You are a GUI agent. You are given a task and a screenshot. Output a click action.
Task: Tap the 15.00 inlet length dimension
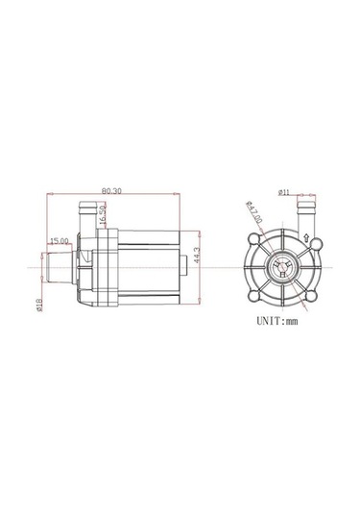tap(60, 240)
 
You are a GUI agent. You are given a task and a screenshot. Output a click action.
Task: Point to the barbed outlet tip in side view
tap(84, 205)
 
